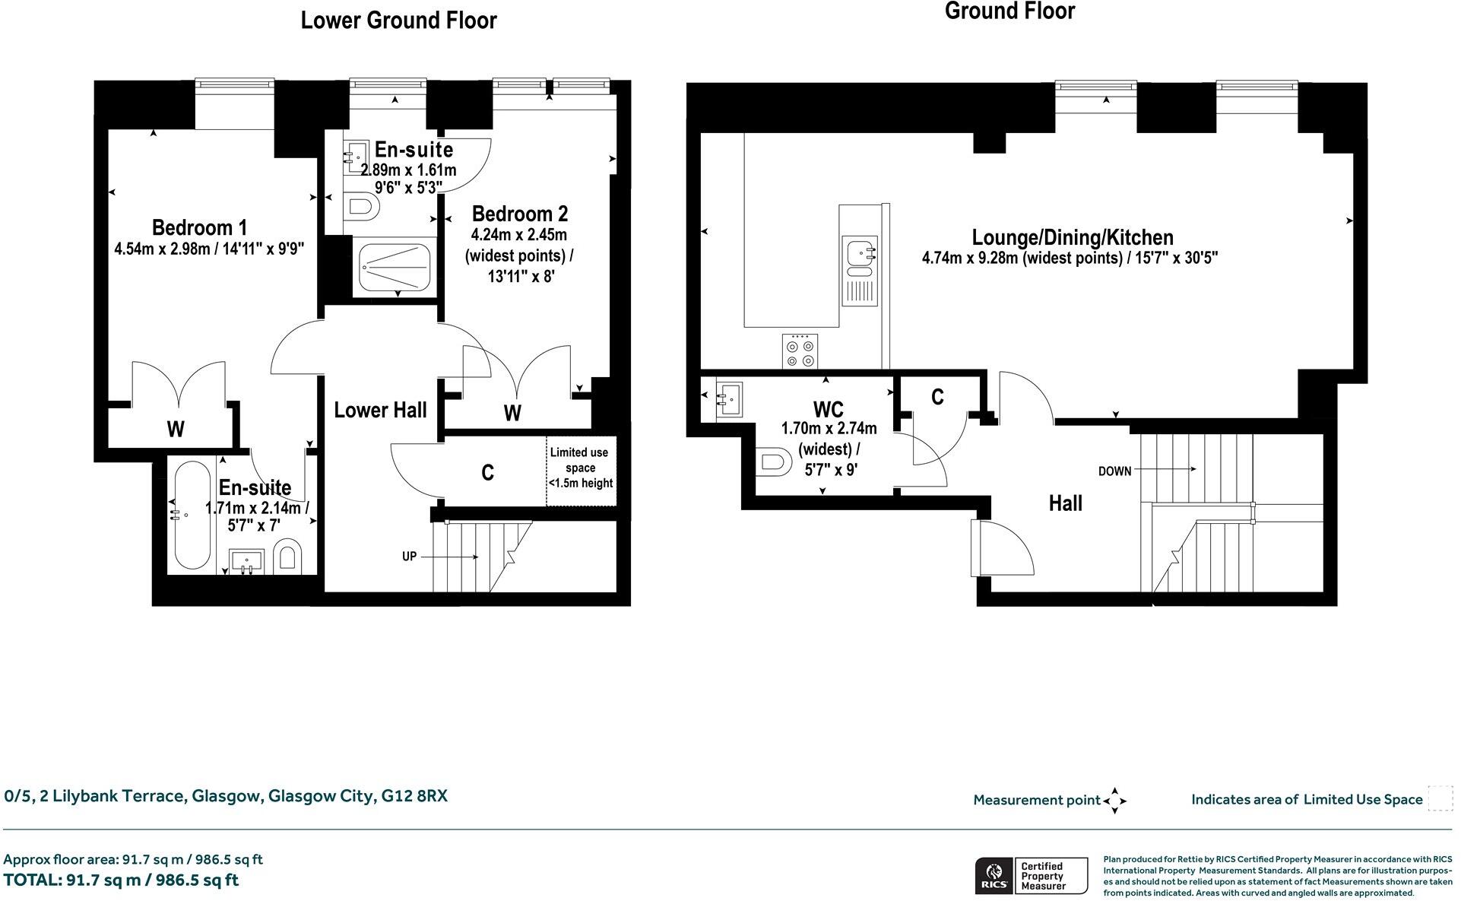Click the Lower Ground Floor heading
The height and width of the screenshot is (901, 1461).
click(x=398, y=21)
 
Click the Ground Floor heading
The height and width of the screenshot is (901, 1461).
click(x=1009, y=11)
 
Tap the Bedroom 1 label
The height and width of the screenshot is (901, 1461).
click(x=199, y=227)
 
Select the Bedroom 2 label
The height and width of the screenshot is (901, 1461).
click(x=519, y=214)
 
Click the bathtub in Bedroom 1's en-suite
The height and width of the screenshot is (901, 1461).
click(x=190, y=515)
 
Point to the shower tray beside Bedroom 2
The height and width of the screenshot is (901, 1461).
click(x=395, y=267)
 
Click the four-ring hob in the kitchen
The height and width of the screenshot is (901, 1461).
click(x=800, y=351)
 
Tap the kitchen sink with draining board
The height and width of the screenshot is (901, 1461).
click(x=860, y=269)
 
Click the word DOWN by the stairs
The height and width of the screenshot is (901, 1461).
click(x=1114, y=471)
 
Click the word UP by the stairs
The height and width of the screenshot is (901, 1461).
click(x=409, y=557)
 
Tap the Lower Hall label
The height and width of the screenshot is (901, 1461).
click(x=380, y=411)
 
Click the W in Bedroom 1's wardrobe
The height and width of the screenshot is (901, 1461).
click(x=176, y=430)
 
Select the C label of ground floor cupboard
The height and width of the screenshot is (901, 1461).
click(x=937, y=396)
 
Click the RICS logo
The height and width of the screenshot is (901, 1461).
click(x=994, y=876)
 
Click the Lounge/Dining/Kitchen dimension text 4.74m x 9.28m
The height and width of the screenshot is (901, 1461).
click(x=1070, y=258)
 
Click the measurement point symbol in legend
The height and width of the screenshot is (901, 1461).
click(x=1114, y=800)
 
